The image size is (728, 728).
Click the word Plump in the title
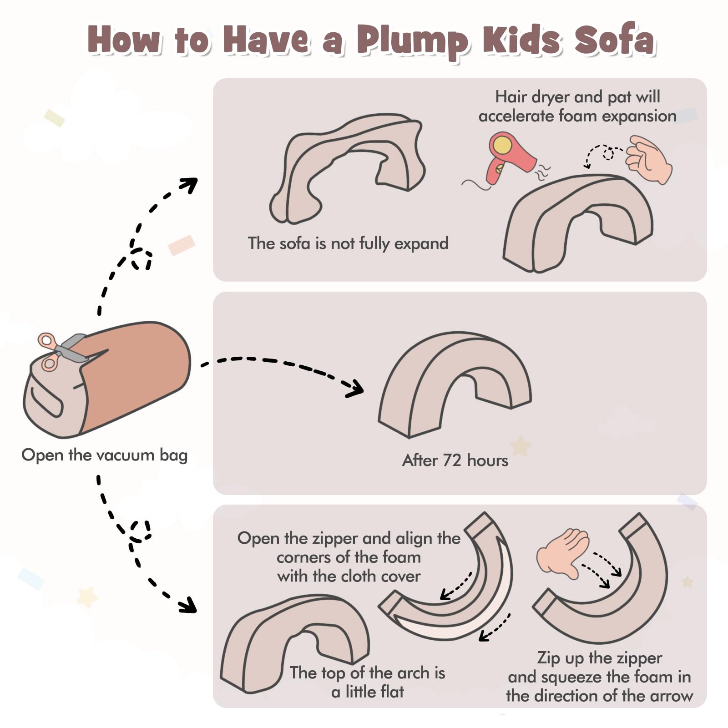pos(412,41)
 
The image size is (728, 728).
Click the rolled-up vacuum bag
pos(107,379)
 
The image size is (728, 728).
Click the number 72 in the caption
pos(452,460)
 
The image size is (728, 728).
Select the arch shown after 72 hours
pos(455,384)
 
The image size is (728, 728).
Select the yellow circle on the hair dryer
pos(502,145)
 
